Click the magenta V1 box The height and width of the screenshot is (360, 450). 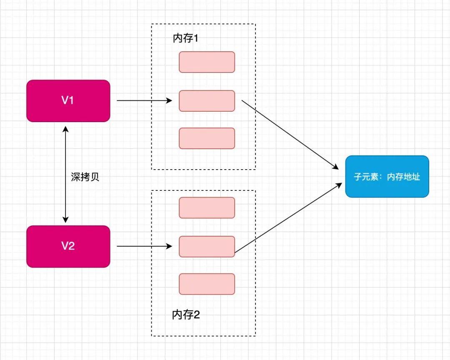[x=68, y=101]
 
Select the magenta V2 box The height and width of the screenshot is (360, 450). [x=68, y=246]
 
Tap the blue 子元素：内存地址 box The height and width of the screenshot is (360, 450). [x=387, y=177]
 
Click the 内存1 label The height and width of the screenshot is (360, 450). [x=185, y=38]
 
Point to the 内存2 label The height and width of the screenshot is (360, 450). [x=186, y=315]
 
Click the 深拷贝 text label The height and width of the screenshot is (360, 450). [x=85, y=177]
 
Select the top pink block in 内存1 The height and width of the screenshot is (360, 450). [x=207, y=62]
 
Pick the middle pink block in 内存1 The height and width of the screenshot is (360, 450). [x=207, y=101]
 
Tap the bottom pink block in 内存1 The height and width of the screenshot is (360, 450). [x=207, y=138]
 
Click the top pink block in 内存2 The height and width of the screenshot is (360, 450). [x=207, y=208]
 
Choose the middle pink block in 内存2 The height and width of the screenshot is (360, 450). [x=207, y=247]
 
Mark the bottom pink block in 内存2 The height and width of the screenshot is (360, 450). [x=207, y=284]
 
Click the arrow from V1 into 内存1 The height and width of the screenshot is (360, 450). [x=144, y=100]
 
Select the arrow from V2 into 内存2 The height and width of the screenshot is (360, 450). [x=144, y=246]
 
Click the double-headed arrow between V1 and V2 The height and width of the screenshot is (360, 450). [x=65, y=175]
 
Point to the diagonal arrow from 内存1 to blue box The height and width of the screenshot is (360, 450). [x=290, y=135]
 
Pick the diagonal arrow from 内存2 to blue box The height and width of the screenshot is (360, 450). [x=288, y=218]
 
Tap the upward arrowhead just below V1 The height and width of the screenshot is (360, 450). [x=65, y=130]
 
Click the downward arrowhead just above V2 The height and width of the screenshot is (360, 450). [x=65, y=220]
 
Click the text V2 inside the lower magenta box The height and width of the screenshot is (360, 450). [x=68, y=246]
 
